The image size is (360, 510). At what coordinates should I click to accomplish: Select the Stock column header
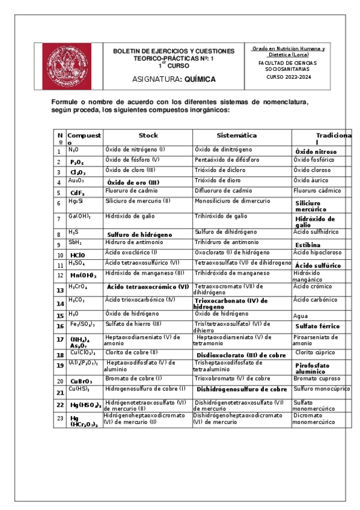148,135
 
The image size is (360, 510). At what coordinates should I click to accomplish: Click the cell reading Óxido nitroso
316,152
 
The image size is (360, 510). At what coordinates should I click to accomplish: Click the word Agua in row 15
300,316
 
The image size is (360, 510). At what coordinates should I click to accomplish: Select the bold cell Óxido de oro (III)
133,182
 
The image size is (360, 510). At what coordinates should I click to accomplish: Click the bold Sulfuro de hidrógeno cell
139,235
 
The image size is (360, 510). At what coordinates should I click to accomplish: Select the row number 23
59,418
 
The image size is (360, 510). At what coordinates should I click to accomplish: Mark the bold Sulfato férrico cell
317,326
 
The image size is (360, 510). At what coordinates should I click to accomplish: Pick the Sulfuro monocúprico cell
322,389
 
